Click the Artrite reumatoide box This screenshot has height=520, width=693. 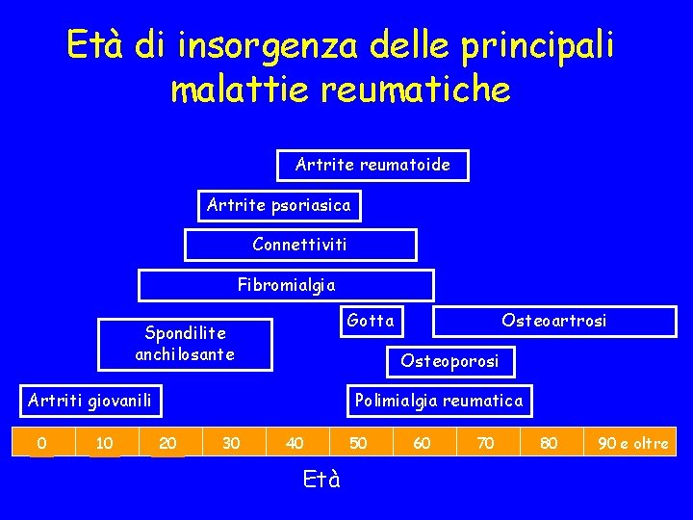click(x=372, y=165)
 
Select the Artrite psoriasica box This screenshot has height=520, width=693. click(x=279, y=205)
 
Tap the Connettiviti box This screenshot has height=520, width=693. click(x=299, y=245)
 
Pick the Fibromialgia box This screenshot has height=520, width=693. click(x=286, y=285)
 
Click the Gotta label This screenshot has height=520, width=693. click(x=371, y=320)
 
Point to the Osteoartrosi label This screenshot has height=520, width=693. click(x=553, y=321)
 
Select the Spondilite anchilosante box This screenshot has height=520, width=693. click(x=185, y=344)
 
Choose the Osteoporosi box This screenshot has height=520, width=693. click(x=450, y=361)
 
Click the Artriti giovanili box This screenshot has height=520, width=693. click(x=90, y=400)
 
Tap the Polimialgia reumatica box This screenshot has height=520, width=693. click(x=439, y=401)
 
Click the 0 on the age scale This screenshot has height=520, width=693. click(x=41, y=443)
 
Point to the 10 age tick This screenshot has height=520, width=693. click(x=105, y=443)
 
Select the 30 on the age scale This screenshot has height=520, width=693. click(x=231, y=443)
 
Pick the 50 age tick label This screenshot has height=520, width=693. click(x=358, y=443)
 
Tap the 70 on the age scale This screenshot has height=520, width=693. click(x=486, y=443)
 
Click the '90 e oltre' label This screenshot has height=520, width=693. click(x=633, y=443)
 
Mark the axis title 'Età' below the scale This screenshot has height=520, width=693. click(x=321, y=479)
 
